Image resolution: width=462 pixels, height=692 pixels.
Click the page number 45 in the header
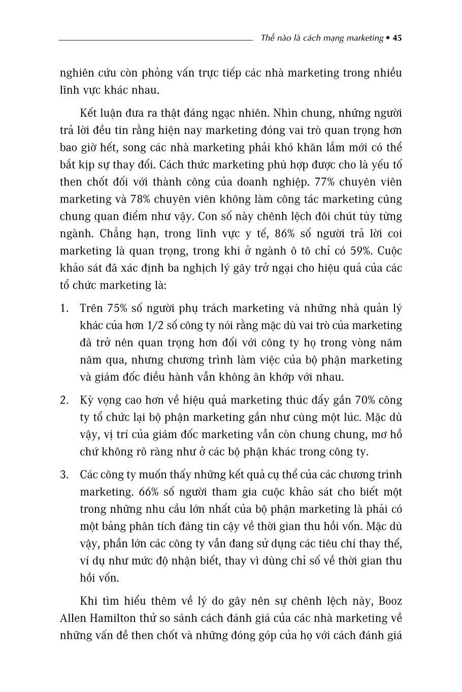click(x=398, y=38)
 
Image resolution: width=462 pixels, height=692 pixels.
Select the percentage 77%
click(x=325, y=182)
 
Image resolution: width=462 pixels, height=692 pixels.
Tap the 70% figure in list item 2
click(x=361, y=400)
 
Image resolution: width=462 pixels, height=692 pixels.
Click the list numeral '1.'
click(x=64, y=308)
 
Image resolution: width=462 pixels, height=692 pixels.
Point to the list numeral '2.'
click(x=64, y=400)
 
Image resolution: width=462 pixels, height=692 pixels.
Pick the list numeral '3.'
click(x=64, y=475)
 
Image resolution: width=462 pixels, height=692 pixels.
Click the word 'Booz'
click(x=390, y=601)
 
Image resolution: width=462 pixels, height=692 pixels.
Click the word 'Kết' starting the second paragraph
click(x=90, y=113)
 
